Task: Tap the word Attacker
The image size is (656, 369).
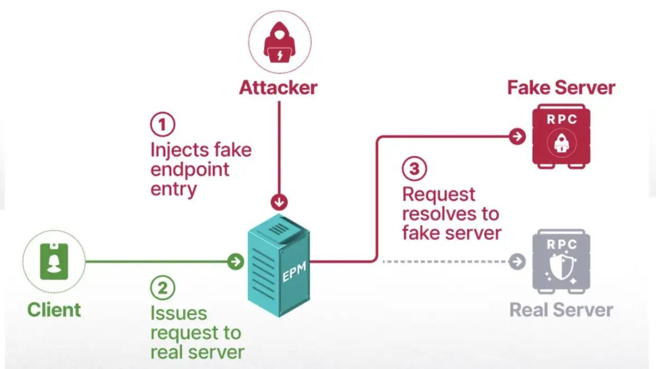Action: click(x=278, y=88)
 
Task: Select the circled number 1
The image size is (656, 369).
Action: click(x=162, y=125)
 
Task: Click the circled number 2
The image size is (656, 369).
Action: click(x=162, y=288)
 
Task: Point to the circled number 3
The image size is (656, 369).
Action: click(x=415, y=169)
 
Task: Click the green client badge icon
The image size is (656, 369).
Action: click(x=54, y=261)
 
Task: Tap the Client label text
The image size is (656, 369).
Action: click(x=54, y=310)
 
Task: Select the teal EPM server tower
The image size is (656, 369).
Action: click(x=279, y=264)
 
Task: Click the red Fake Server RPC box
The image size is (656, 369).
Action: click(x=562, y=136)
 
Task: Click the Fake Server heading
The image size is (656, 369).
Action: click(x=561, y=88)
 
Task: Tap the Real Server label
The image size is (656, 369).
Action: click(x=561, y=310)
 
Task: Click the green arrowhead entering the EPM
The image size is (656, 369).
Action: click(x=236, y=262)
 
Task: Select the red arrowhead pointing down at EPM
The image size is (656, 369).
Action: click(x=279, y=201)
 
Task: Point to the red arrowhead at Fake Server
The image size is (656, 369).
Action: click(x=518, y=136)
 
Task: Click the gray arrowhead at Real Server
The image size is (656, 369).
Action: click(x=518, y=262)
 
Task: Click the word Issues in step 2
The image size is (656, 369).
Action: click(x=172, y=313)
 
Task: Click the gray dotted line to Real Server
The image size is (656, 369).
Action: click(x=446, y=262)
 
